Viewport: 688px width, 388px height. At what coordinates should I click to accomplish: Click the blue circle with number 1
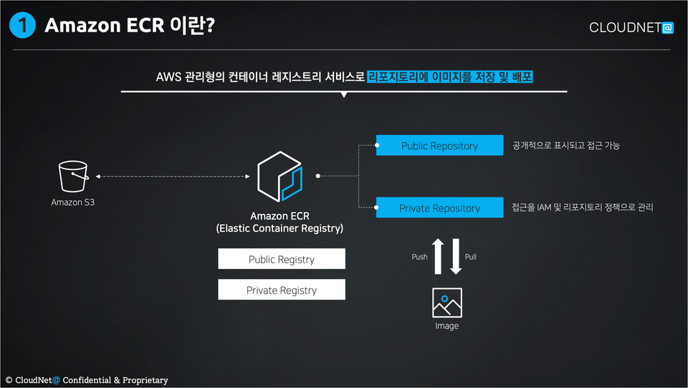coord(22,25)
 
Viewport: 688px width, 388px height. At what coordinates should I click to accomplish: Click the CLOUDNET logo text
coord(631,28)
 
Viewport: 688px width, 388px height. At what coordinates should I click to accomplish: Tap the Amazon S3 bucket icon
coord(73,176)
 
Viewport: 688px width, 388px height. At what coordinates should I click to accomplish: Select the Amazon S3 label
coord(73,202)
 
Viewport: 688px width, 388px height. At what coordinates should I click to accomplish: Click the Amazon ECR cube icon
coord(280,176)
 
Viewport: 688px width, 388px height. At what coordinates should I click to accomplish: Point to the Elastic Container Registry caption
coord(279,228)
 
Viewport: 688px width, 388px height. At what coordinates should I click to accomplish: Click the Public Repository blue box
coord(439,146)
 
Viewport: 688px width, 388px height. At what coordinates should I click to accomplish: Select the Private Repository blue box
coord(439,207)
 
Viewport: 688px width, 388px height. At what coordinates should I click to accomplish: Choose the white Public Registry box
coord(282,259)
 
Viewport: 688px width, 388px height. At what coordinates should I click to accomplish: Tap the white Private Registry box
coord(282,290)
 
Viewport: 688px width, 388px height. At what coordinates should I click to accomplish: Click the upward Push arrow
coord(438,256)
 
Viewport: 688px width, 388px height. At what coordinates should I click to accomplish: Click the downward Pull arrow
coord(456,256)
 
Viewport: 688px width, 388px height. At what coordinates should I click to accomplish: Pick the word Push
coord(419,257)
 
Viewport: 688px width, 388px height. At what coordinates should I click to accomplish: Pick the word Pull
coord(470,257)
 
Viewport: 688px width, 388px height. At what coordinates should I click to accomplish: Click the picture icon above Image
coord(446,303)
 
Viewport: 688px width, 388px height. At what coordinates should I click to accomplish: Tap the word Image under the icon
coord(446,326)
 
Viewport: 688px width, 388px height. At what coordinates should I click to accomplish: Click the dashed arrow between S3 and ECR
coord(173,176)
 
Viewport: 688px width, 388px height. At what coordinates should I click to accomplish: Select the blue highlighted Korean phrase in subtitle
coord(450,77)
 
